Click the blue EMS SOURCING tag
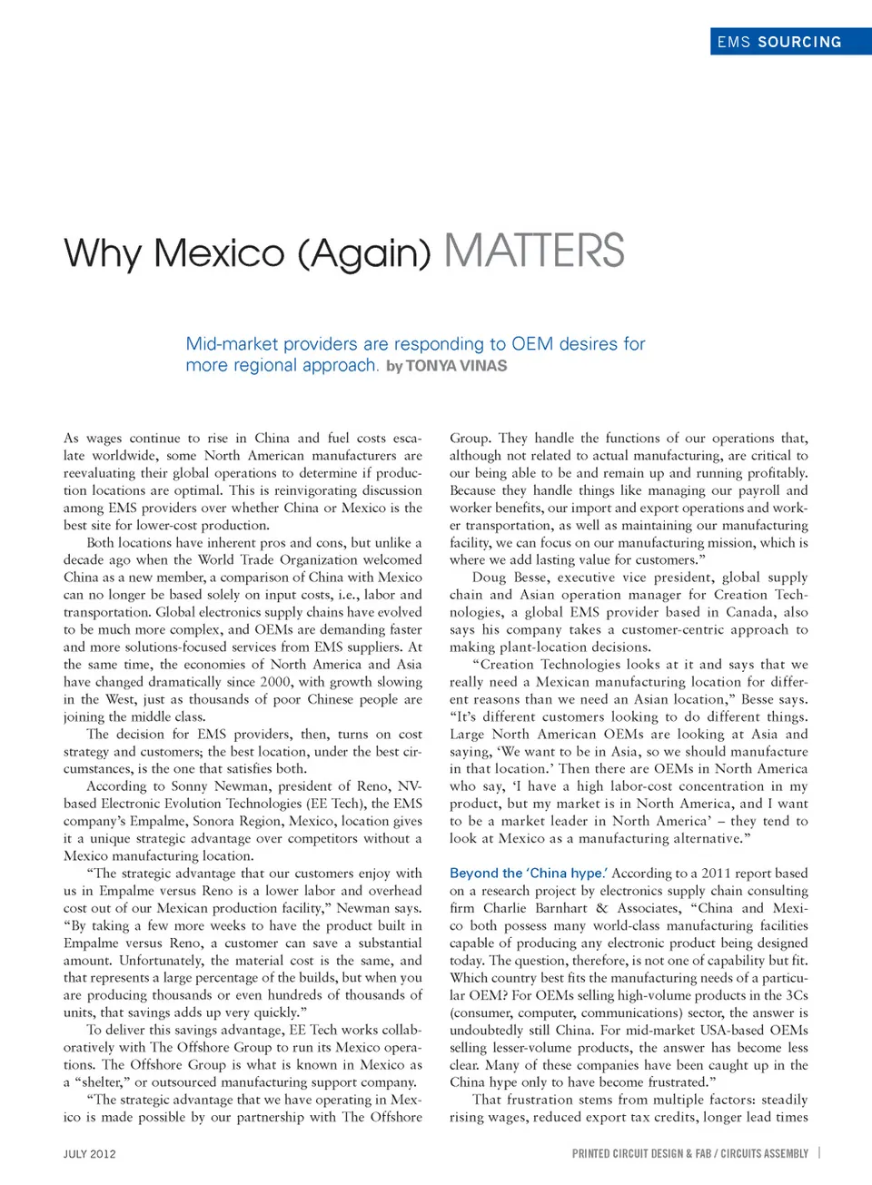(x=779, y=42)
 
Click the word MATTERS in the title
(x=534, y=251)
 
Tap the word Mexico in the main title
(x=220, y=252)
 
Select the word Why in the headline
(x=102, y=252)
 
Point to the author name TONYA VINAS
(x=456, y=366)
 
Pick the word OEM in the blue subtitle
(x=532, y=344)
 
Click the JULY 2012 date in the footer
(x=89, y=1154)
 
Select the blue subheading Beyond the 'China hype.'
(x=529, y=873)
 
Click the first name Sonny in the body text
(x=189, y=786)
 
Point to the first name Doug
(x=490, y=578)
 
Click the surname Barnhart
(x=561, y=908)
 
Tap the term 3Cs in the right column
(x=796, y=995)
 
